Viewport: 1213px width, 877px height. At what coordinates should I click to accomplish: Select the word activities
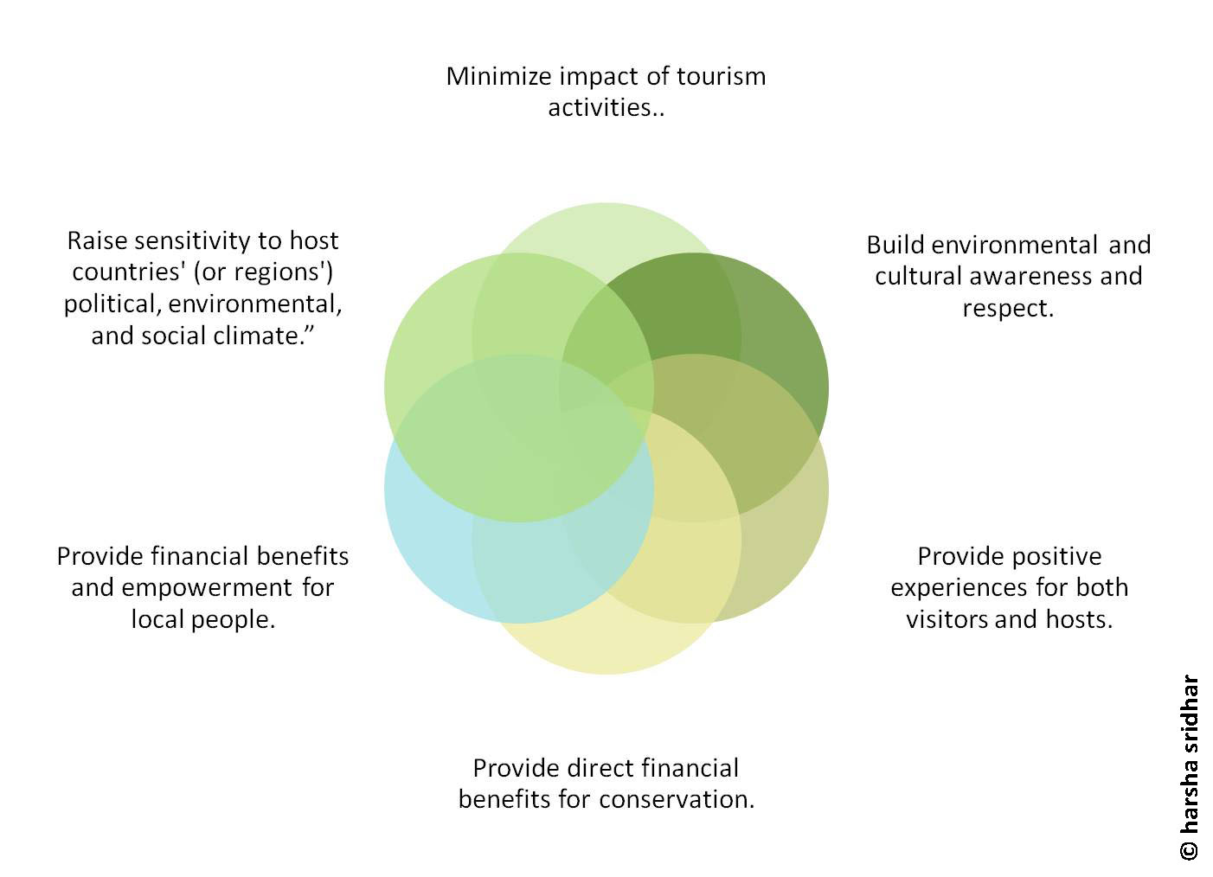tap(602, 108)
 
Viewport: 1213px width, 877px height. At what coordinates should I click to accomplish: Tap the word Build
tap(895, 245)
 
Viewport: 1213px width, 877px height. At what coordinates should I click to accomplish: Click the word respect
tap(1007, 308)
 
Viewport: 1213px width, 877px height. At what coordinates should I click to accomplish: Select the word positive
tap(1053, 555)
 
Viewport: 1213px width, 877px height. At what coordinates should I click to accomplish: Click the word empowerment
tap(208, 587)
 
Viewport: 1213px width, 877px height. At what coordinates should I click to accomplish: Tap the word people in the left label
tap(237, 619)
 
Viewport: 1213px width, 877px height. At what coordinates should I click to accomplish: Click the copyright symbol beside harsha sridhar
tap(1190, 849)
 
